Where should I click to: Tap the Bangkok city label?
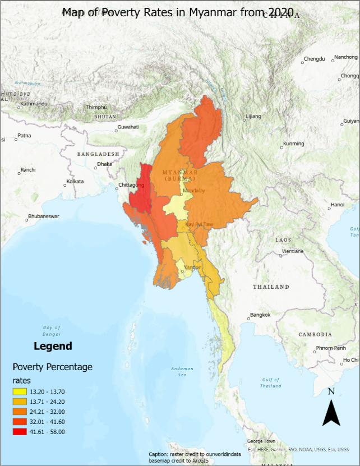(x=260, y=315)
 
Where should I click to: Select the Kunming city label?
(x=294, y=144)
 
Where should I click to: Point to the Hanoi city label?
(x=338, y=204)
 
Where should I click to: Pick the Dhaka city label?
(x=104, y=164)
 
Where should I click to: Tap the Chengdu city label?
(x=314, y=59)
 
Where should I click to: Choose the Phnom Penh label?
(x=331, y=348)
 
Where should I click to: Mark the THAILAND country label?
(x=271, y=287)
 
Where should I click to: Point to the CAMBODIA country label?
(x=315, y=334)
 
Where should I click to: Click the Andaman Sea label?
(x=182, y=372)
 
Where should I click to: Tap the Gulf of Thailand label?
(x=271, y=382)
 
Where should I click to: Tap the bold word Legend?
(x=53, y=346)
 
